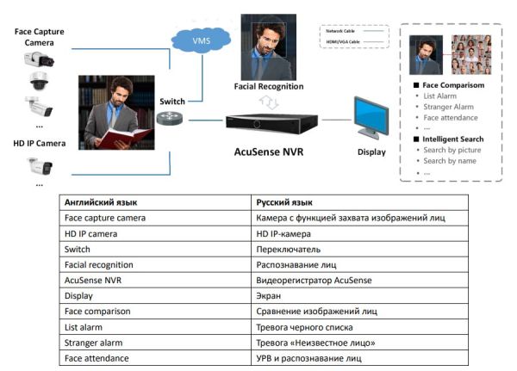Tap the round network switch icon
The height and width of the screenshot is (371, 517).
[169, 121]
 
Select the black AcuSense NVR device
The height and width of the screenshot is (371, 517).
[268, 124]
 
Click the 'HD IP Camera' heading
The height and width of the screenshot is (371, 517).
[39, 143]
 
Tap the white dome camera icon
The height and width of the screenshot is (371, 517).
[40, 82]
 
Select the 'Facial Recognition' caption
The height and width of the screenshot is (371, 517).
[269, 87]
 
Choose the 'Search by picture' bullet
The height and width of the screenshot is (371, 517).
[452, 150]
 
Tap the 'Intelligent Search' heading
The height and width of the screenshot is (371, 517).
[453, 138]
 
